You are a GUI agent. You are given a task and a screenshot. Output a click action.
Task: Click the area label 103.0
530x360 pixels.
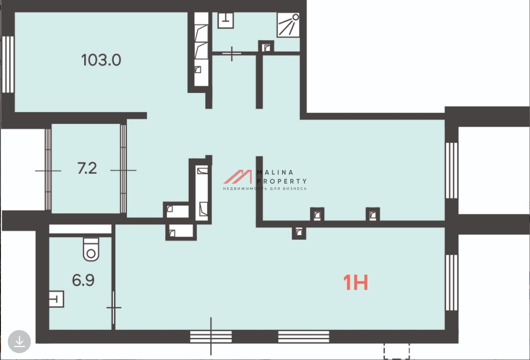101,60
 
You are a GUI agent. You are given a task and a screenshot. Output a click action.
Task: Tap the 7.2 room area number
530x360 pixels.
87,168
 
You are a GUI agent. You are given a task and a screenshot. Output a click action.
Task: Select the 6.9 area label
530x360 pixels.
83,280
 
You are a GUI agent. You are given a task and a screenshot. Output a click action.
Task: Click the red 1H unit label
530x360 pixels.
355,283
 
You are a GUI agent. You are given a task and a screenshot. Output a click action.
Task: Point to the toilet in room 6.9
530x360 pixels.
91,250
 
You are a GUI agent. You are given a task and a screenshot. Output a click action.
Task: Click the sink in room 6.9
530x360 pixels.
56,299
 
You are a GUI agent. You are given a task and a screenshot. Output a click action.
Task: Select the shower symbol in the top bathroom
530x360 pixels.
288,25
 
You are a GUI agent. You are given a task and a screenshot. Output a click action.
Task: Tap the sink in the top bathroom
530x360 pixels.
225,20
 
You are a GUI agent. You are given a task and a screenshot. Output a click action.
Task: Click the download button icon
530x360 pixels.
19,342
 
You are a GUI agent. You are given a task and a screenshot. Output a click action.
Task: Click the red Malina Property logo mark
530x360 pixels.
237,177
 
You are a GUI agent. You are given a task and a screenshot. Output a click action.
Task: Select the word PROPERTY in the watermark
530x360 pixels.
282,181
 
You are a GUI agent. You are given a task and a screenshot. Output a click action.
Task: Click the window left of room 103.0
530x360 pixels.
8,64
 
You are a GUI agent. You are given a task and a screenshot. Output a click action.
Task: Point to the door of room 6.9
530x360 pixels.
114,308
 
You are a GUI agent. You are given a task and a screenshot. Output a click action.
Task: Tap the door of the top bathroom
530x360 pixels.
232,53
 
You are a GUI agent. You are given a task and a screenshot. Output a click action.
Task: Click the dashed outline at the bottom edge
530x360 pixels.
397,351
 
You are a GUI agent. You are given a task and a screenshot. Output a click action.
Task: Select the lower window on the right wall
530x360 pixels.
451,283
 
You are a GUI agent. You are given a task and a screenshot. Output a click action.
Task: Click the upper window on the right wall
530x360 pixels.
451,170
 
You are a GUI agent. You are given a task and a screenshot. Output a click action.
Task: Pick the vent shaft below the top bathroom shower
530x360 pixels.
266,46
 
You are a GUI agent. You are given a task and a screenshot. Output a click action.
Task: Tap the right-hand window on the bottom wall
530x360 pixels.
304,337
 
